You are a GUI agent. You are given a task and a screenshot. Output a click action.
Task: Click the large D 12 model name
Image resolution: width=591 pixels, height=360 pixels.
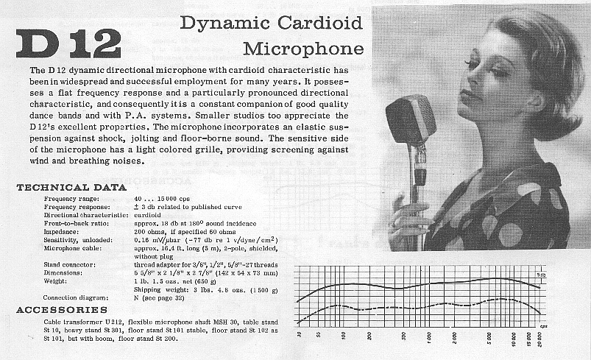67,44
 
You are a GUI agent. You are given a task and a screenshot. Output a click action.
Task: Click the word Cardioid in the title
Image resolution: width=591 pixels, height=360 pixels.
319,23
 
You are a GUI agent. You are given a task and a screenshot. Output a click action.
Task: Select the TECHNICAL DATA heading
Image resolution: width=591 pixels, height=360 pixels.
71,188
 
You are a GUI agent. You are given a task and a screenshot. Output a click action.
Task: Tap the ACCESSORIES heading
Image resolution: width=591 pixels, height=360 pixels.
63,310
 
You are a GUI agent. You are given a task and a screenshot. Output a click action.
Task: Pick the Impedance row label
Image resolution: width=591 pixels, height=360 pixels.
62,230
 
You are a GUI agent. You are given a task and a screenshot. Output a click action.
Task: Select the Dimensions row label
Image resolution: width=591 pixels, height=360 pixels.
65,272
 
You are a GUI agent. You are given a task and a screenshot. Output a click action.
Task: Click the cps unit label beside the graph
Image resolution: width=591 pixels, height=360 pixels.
544,325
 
